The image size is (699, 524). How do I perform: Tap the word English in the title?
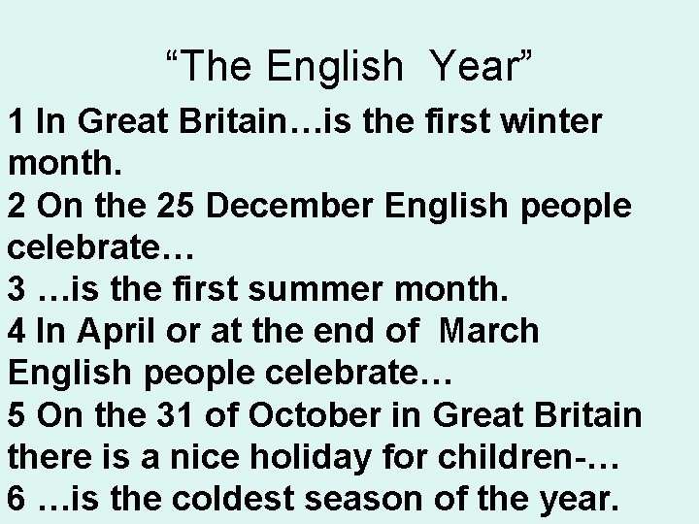pyautogui.click(x=335, y=66)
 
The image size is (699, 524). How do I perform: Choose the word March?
pyautogui.click(x=488, y=331)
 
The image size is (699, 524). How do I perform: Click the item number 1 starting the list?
pyautogui.click(x=17, y=122)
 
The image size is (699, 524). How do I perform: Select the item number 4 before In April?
pyautogui.click(x=17, y=331)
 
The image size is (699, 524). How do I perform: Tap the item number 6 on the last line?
pyautogui.click(x=17, y=498)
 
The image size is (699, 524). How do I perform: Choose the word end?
pyautogui.click(x=343, y=331)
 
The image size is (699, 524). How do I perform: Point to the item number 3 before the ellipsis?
pyautogui.click(x=17, y=289)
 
